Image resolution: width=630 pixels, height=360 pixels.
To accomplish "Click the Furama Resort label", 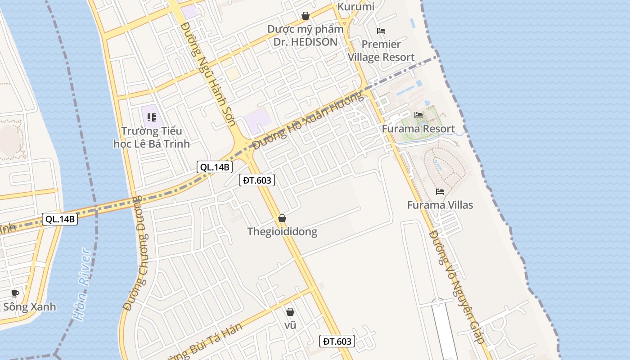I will [418, 129].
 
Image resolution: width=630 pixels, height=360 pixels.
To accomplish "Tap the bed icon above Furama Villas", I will [440, 192].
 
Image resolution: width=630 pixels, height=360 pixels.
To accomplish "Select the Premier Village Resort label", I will [381, 51].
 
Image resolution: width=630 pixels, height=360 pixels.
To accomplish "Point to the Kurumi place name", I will [355, 7].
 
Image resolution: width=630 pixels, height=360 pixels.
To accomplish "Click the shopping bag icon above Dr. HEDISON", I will [306, 16].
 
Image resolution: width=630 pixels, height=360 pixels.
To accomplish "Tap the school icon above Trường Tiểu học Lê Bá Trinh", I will [152, 117].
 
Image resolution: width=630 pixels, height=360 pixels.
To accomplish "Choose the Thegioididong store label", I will [282, 232].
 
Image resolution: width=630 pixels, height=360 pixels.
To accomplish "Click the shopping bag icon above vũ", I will [290, 311].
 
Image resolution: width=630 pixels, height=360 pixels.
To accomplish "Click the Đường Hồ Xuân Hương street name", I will [307, 120].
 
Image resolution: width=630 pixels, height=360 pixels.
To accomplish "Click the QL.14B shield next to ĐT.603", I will [215, 167].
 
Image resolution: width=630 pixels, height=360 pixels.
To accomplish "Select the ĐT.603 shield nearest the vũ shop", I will [337, 341].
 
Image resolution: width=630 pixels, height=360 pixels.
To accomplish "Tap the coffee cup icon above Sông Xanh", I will [15, 293].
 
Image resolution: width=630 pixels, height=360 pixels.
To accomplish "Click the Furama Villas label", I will [440, 205].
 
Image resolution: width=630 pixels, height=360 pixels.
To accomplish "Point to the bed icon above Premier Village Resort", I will [381, 31].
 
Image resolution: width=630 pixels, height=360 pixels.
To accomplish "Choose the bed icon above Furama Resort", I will [418, 115].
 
